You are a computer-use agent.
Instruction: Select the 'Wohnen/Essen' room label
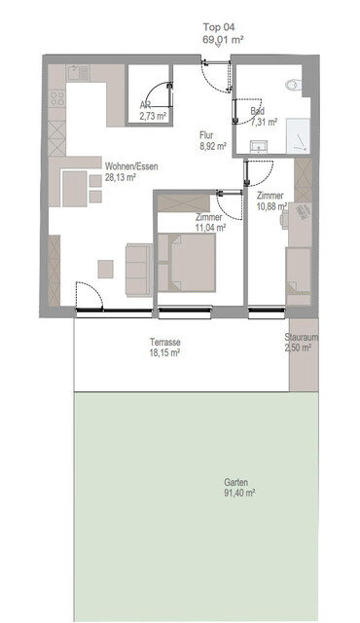108,165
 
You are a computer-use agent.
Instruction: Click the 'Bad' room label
258,112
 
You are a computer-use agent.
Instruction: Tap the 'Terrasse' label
166,342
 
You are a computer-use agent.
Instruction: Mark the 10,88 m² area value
270,205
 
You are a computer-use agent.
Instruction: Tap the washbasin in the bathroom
258,146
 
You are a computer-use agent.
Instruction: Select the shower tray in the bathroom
294,137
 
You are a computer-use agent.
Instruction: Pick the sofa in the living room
136,271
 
